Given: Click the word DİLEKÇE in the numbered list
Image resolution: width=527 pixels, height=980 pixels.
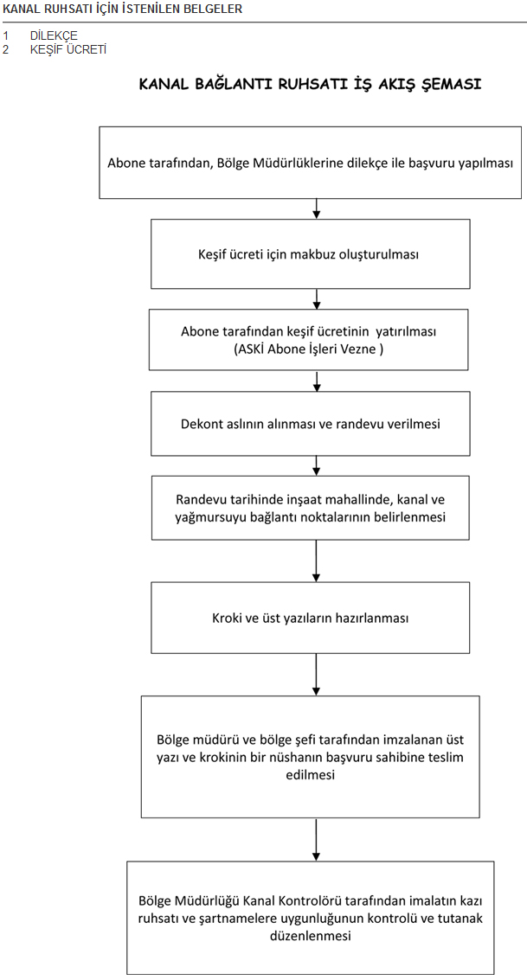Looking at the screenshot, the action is tap(54, 35).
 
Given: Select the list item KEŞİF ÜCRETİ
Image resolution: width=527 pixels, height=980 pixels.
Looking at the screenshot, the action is tap(68, 49).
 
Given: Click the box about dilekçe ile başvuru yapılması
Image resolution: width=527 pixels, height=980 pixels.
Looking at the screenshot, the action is tap(310, 163).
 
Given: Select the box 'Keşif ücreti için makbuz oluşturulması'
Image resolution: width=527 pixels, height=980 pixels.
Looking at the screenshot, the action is tap(310, 253).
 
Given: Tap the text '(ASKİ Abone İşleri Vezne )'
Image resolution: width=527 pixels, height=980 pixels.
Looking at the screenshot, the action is tap(308, 349).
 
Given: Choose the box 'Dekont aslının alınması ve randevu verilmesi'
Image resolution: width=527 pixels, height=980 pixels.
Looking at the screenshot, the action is tap(310, 424).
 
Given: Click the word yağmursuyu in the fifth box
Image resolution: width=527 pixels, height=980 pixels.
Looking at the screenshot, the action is tap(208, 517).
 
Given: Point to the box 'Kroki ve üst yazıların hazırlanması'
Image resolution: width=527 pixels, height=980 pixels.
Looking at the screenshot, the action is tap(310, 618).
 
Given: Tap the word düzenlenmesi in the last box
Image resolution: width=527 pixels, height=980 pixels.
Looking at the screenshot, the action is tap(310, 936).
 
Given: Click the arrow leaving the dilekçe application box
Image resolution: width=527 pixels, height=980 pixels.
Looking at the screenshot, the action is tap(317, 208).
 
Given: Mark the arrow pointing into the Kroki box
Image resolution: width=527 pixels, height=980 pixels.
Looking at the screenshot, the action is tap(317, 560).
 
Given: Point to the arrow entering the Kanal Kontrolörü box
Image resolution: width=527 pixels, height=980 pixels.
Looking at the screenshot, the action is tap(317, 839).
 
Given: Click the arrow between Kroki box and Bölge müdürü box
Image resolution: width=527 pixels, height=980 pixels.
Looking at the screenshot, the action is tap(317, 675).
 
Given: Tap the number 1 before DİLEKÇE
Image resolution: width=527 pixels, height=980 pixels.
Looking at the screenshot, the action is tap(6, 35).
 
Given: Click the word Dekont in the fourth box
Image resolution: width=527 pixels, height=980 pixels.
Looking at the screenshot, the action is tap(202, 424).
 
